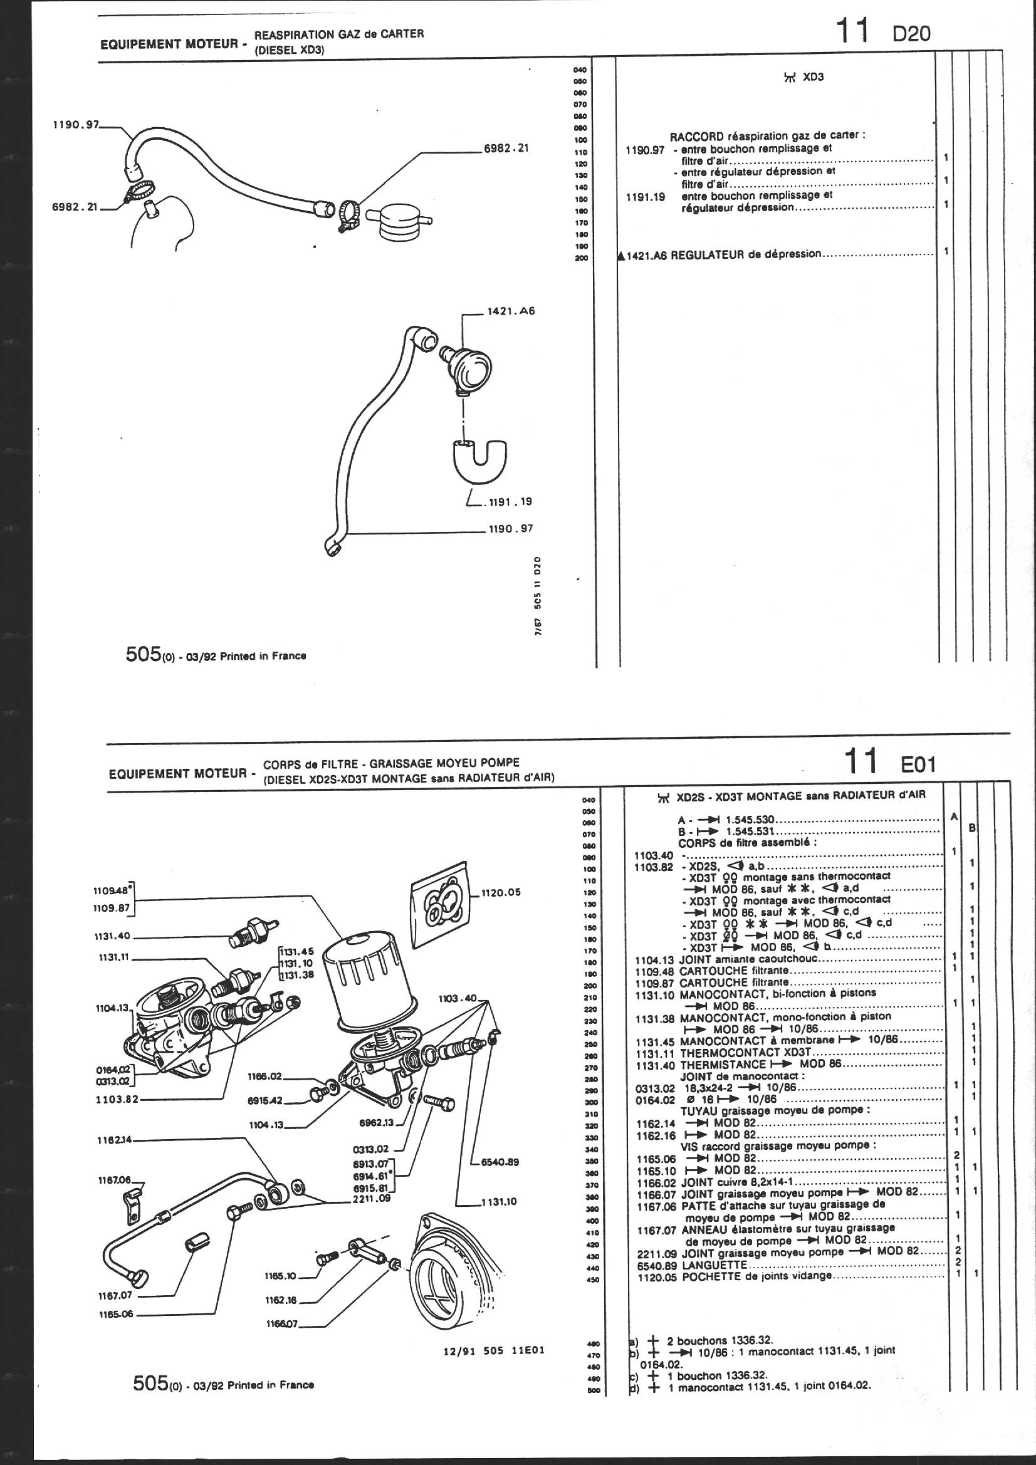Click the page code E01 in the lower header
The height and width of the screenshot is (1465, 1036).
tap(918, 764)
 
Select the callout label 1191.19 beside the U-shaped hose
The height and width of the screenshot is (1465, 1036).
tap(510, 502)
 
